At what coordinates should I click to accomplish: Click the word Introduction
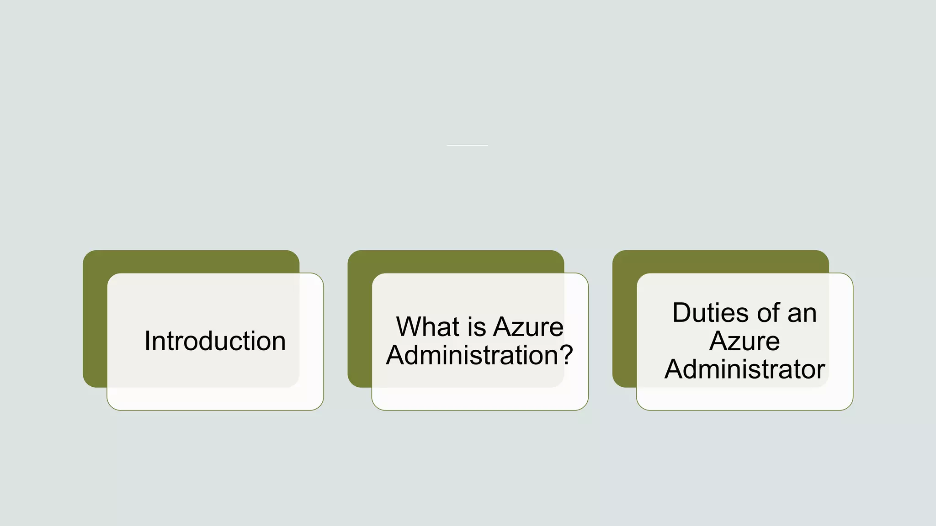[215, 341]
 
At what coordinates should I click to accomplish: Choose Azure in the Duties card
[745, 341]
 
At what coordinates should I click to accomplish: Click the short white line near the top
[467, 145]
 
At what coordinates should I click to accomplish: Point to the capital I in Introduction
[147, 341]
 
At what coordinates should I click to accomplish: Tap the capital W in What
[409, 327]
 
